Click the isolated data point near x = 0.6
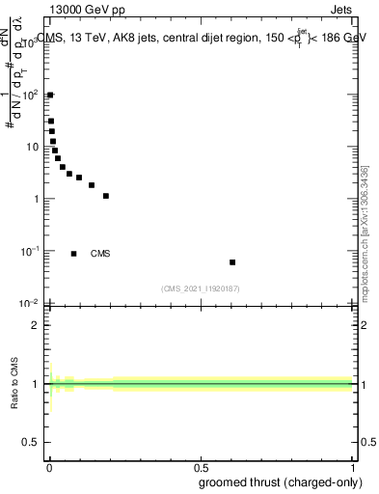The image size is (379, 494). pos(232,262)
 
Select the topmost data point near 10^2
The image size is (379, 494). pos(50,95)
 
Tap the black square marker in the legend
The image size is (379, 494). pos(73,254)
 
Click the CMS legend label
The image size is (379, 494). pos(100,254)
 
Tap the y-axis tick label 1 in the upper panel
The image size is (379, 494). pos(39,199)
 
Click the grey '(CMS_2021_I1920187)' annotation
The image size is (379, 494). pos(201,288)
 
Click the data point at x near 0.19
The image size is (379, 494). pos(106,196)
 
